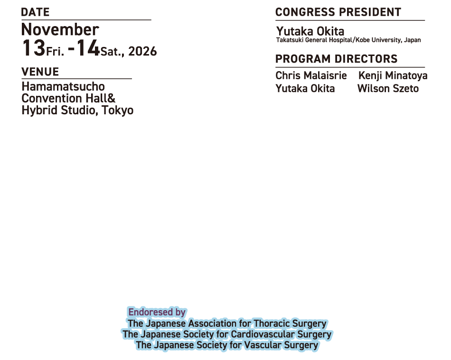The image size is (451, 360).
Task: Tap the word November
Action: (60, 30)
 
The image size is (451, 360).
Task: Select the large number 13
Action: (33, 48)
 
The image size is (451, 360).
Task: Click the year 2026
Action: (142, 51)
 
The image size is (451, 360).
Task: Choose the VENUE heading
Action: (40, 72)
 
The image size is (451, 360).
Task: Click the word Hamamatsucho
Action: (63, 87)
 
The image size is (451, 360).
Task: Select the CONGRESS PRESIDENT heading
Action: (338, 13)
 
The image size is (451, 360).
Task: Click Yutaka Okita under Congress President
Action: (310, 31)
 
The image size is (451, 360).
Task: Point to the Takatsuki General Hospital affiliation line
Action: (348, 41)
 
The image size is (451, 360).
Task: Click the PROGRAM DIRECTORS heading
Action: (336, 59)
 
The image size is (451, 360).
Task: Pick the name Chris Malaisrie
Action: (311, 76)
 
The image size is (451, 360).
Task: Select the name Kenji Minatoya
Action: (392, 76)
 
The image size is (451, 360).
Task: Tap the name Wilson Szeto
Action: (388, 89)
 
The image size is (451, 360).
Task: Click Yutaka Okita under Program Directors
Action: (305, 89)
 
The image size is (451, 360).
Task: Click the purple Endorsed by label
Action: (157, 312)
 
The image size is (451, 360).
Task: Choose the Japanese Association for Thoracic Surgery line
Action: (227, 323)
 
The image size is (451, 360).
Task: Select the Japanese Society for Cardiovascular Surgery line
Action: (227, 334)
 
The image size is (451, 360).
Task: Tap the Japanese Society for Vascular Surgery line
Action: (227, 345)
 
